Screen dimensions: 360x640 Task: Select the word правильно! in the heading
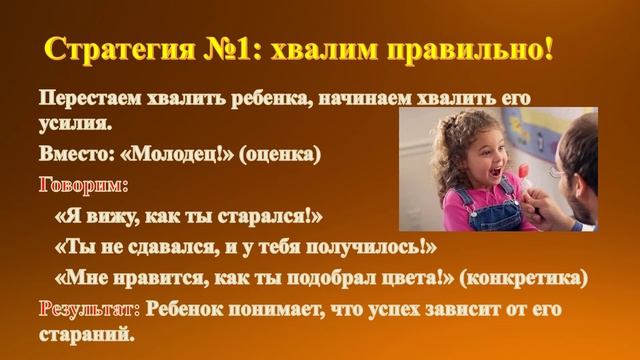coord(475,50)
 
